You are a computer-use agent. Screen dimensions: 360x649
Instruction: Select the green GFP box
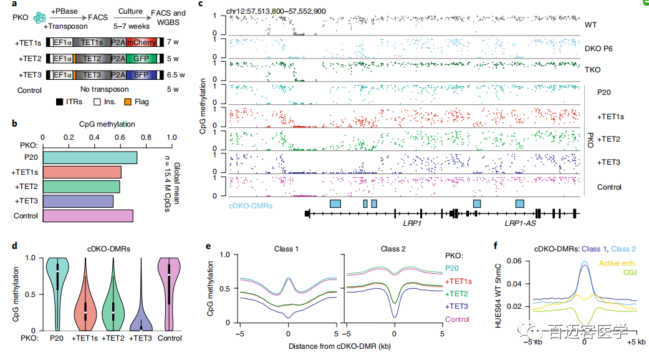[x=140, y=59]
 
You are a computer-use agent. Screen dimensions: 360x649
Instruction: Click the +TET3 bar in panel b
[x=78, y=201]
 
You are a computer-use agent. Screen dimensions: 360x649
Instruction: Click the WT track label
[x=591, y=26]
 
